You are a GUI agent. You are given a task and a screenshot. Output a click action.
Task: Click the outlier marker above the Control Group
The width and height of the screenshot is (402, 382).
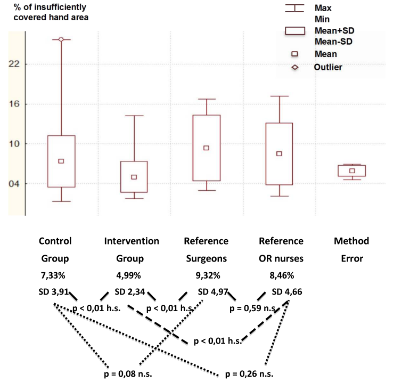[x=61, y=39]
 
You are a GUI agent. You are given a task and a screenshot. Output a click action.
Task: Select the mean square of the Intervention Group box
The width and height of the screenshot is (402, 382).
[x=134, y=177]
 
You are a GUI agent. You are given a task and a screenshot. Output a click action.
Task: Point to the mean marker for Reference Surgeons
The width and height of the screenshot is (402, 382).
[x=207, y=148]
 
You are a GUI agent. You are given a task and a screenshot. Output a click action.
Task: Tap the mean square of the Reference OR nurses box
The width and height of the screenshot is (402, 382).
[x=279, y=153]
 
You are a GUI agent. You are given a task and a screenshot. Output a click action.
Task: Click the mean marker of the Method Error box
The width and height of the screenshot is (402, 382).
[x=352, y=171]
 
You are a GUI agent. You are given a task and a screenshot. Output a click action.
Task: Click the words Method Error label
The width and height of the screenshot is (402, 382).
[x=351, y=250]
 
